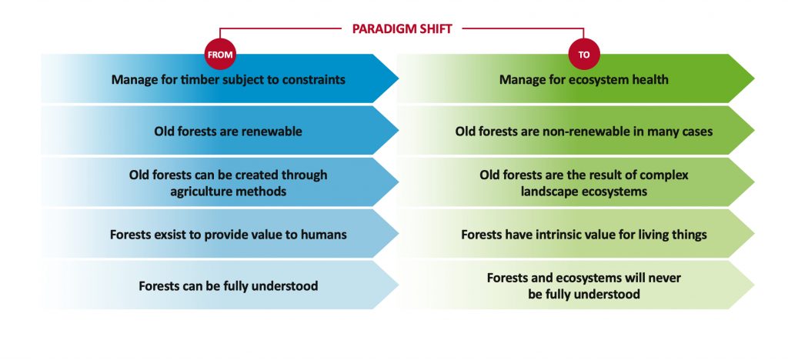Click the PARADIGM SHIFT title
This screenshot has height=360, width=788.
click(x=402, y=28)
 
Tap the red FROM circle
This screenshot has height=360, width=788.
click(x=219, y=54)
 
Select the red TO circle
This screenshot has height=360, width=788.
click(x=583, y=54)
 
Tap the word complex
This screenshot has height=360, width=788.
click(x=667, y=175)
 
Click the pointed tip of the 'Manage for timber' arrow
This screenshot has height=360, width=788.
click(x=398, y=78)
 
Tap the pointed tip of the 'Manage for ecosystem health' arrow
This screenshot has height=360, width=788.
click(x=754, y=78)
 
